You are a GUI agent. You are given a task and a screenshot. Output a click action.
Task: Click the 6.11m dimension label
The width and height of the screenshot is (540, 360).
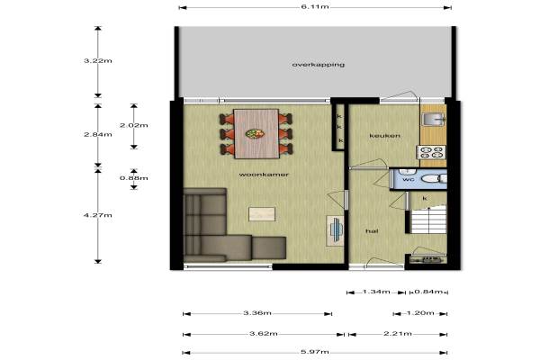(x=315, y=7)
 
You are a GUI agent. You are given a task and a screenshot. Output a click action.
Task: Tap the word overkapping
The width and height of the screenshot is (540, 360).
(x=319, y=65)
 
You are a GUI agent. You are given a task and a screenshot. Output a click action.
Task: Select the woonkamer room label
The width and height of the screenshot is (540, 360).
(x=264, y=175)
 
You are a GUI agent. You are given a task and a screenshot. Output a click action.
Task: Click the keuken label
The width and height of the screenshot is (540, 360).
(x=384, y=136)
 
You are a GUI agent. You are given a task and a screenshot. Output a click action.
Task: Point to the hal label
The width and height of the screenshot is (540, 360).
(x=372, y=231)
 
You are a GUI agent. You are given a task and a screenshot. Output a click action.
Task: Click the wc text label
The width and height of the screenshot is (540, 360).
(x=408, y=179)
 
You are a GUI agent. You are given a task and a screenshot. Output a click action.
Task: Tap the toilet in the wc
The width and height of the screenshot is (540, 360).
(x=434, y=179)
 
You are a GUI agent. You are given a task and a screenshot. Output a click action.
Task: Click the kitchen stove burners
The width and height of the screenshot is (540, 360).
(x=431, y=153)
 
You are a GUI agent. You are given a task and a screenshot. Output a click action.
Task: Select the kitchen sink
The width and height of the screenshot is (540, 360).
(x=433, y=119)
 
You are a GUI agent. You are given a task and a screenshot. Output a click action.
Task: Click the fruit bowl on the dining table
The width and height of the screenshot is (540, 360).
(x=255, y=134)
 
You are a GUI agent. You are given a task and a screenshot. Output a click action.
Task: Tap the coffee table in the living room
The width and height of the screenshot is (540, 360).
(x=262, y=214)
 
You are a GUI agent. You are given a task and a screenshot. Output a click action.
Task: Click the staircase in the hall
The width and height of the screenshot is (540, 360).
(x=428, y=220)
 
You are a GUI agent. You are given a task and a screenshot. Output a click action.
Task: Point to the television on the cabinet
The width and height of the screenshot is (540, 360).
(x=336, y=229)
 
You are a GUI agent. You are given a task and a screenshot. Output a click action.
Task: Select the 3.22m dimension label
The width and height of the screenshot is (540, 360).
(x=98, y=61)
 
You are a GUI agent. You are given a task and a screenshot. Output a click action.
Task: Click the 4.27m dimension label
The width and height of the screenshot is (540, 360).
(x=98, y=215)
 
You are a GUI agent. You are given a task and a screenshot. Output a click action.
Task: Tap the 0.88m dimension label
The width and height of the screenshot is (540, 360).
(x=133, y=178)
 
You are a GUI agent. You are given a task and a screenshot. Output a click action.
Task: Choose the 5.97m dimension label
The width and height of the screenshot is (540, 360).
(x=315, y=352)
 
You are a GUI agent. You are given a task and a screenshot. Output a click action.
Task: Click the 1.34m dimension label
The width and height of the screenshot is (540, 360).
(x=376, y=292)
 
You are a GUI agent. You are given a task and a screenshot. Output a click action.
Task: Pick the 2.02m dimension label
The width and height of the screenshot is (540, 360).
(x=133, y=125)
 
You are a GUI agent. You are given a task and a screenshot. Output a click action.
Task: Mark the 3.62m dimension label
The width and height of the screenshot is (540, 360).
(x=264, y=334)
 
